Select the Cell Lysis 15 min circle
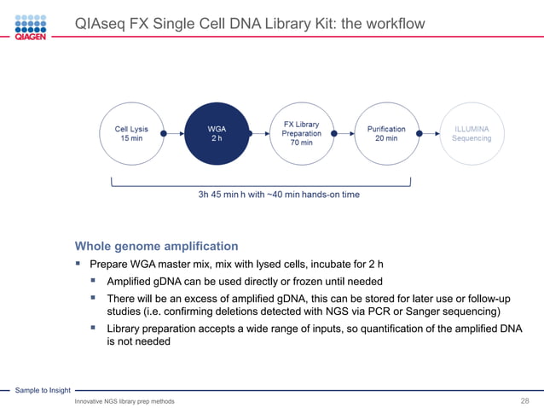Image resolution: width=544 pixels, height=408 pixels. [x=131, y=133]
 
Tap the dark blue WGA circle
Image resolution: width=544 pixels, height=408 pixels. [x=217, y=133]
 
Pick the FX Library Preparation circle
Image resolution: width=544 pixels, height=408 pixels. [x=301, y=133]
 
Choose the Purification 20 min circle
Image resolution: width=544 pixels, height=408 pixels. [x=386, y=133]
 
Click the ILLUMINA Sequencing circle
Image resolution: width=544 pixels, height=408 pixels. [x=471, y=133]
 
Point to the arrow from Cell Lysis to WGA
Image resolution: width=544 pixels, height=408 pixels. [x=174, y=133]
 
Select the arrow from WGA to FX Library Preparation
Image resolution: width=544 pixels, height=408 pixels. [x=258, y=133]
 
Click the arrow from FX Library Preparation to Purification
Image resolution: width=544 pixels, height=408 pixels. [x=344, y=133]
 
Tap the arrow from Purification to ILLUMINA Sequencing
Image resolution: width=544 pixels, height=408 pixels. [x=428, y=133]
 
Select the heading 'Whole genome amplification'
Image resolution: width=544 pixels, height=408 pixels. [x=156, y=246]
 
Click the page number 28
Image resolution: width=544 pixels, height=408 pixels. [x=525, y=401]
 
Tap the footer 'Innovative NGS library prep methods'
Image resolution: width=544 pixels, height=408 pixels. [x=124, y=401]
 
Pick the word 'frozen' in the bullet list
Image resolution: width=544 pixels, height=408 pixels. [x=309, y=282]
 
